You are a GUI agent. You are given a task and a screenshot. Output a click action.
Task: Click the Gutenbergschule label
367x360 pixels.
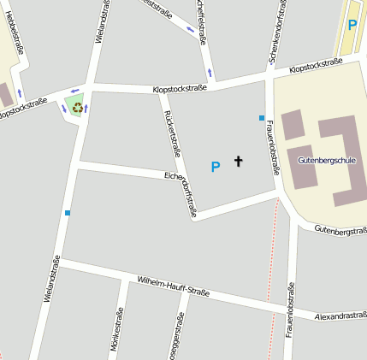pyautogui.click(x=328, y=161)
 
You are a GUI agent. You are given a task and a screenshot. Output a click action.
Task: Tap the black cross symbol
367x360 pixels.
pyautogui.click(x=238, y=161)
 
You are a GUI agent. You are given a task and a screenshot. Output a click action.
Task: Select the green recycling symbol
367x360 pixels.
pyautogui.click(x=77, y=108)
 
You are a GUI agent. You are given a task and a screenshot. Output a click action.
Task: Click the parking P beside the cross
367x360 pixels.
pyautogui.click(x=216, y=167)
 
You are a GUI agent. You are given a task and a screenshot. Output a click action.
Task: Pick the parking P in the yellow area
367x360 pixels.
pyautogui.click(x=352, y=25)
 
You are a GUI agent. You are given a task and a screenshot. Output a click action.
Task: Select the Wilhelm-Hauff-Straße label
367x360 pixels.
pyautogui.click(x=174, y=286)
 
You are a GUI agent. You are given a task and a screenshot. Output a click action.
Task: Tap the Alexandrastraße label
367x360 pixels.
pyautogui.click(x=340, y=316)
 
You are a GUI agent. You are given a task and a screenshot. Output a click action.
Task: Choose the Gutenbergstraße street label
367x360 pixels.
pyautogui.click(x=340, y=229)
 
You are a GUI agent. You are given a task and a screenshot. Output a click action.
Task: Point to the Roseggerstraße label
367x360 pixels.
pyautogui.click(x=178, y=338)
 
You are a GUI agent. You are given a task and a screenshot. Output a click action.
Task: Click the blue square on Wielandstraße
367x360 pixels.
pyautogui.click(x=67, y=212)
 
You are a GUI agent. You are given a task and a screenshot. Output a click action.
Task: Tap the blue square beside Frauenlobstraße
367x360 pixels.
pyautogui.click(x=262, y=117)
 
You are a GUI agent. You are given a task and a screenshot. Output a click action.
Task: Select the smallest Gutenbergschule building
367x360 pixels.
pyautogui.click(x=292, y=124)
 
